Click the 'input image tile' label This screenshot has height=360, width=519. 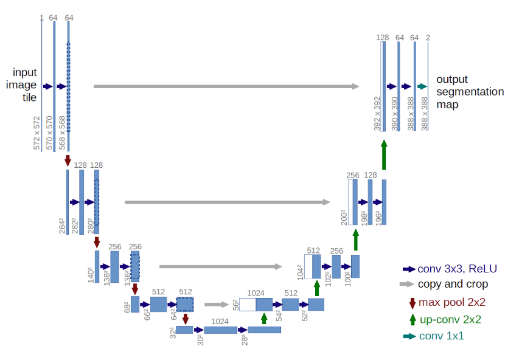coord(21,85)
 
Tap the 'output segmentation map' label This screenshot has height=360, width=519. coord(470,92)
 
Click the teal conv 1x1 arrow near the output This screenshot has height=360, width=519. coord(423,87)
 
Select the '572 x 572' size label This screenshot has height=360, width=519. coord(38,134)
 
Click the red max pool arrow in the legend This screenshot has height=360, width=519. coord(412,302)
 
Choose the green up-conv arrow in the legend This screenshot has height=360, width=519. coord(412,319)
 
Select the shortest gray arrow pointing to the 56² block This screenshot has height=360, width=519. coord(215,305)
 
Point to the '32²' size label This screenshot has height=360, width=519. coord(172,332)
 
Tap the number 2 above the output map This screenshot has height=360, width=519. coord(428,38)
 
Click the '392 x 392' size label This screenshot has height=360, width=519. coord(377,113)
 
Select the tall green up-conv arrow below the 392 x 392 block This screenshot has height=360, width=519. coord(383,155)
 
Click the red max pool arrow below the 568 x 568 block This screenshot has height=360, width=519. coord(68,161)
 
